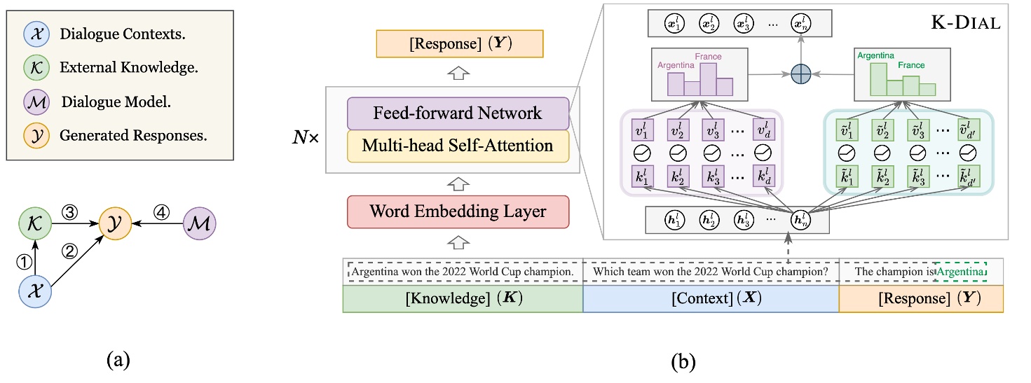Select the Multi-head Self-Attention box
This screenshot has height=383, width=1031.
point(458,146)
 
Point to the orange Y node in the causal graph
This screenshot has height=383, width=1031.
point(116,225)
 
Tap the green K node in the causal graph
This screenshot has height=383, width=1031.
point(33,225)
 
